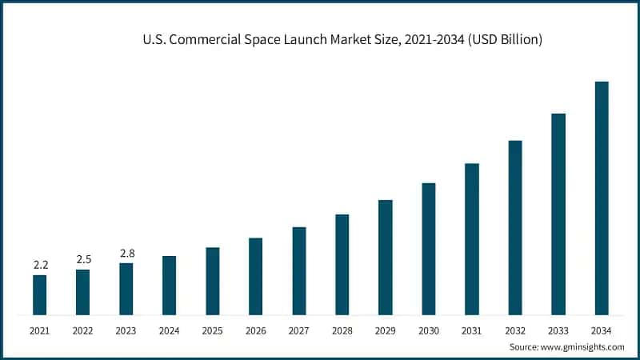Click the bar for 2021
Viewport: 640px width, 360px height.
pos(39,294)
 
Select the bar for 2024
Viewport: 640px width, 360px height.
pos(169,285)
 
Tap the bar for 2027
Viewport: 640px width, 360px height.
pos(298,270)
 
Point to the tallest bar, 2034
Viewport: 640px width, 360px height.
pos(602,198)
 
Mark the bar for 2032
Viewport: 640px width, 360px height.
pos(515,227)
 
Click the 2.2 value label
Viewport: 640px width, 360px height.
pos(39,265)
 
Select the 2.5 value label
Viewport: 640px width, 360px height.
pos(83,259)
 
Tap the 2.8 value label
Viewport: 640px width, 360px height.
pos(126,254)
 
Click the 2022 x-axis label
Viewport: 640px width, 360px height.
pos(82,330)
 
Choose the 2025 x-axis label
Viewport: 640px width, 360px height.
pos(212,330)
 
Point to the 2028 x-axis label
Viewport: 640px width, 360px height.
pos(342,330)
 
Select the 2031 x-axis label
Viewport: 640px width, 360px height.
pos(472,330)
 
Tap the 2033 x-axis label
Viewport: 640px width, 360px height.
pos(558,330)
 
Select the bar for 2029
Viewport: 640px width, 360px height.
pos(386,257)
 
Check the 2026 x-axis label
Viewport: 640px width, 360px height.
pos(255,330)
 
